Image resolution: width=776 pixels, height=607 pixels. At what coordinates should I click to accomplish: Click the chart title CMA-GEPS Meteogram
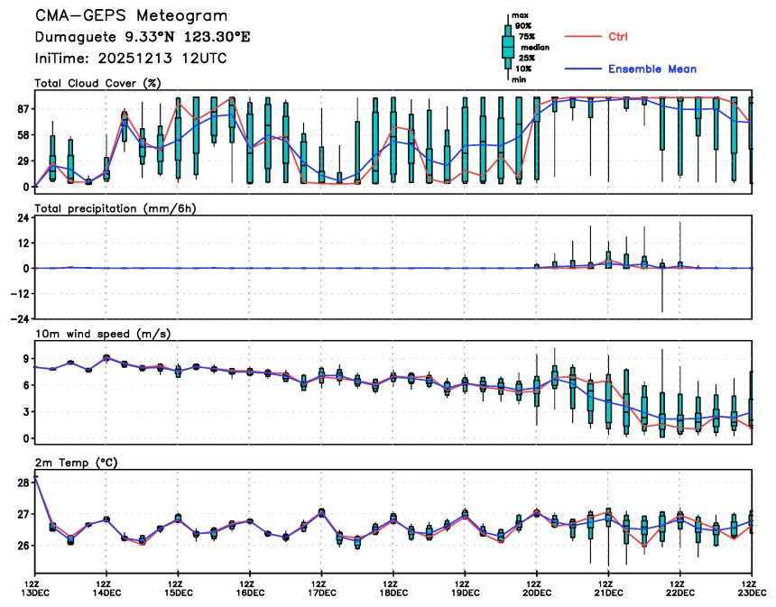click(131, 16)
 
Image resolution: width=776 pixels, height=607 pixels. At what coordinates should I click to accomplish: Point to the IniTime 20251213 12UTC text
click(131, 59)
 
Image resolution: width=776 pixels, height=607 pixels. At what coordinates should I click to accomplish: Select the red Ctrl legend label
click(617, 36)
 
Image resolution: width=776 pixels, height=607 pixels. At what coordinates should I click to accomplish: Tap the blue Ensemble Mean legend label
click(651, 69)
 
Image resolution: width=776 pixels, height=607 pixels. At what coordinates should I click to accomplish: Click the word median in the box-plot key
click(532, 47)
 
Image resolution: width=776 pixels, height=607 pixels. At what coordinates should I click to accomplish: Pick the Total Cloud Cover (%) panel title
click(97, 83)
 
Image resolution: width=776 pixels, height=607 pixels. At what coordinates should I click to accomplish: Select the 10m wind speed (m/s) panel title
click(103, 334)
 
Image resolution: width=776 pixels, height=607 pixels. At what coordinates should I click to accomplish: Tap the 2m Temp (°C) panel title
click(78, 462)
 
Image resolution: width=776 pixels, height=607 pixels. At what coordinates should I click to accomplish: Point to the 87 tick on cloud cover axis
click(23, 109)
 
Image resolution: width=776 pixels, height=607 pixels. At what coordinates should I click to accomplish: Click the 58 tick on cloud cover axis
click(23, 135)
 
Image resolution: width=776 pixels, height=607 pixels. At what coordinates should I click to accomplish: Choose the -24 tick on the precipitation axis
click(20, 318)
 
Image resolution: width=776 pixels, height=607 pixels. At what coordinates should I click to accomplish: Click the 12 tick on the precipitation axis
click(23, 243)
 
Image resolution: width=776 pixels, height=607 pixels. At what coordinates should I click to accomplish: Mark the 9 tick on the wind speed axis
click(26, 358)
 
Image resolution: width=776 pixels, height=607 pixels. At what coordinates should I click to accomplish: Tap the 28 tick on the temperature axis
click(23, 483)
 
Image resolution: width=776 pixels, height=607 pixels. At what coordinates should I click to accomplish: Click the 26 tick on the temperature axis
click(23, 546)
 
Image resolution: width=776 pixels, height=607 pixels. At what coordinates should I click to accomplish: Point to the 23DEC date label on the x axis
click(751, 593)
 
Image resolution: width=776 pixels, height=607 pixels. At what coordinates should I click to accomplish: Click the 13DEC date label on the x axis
click(35, 593)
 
